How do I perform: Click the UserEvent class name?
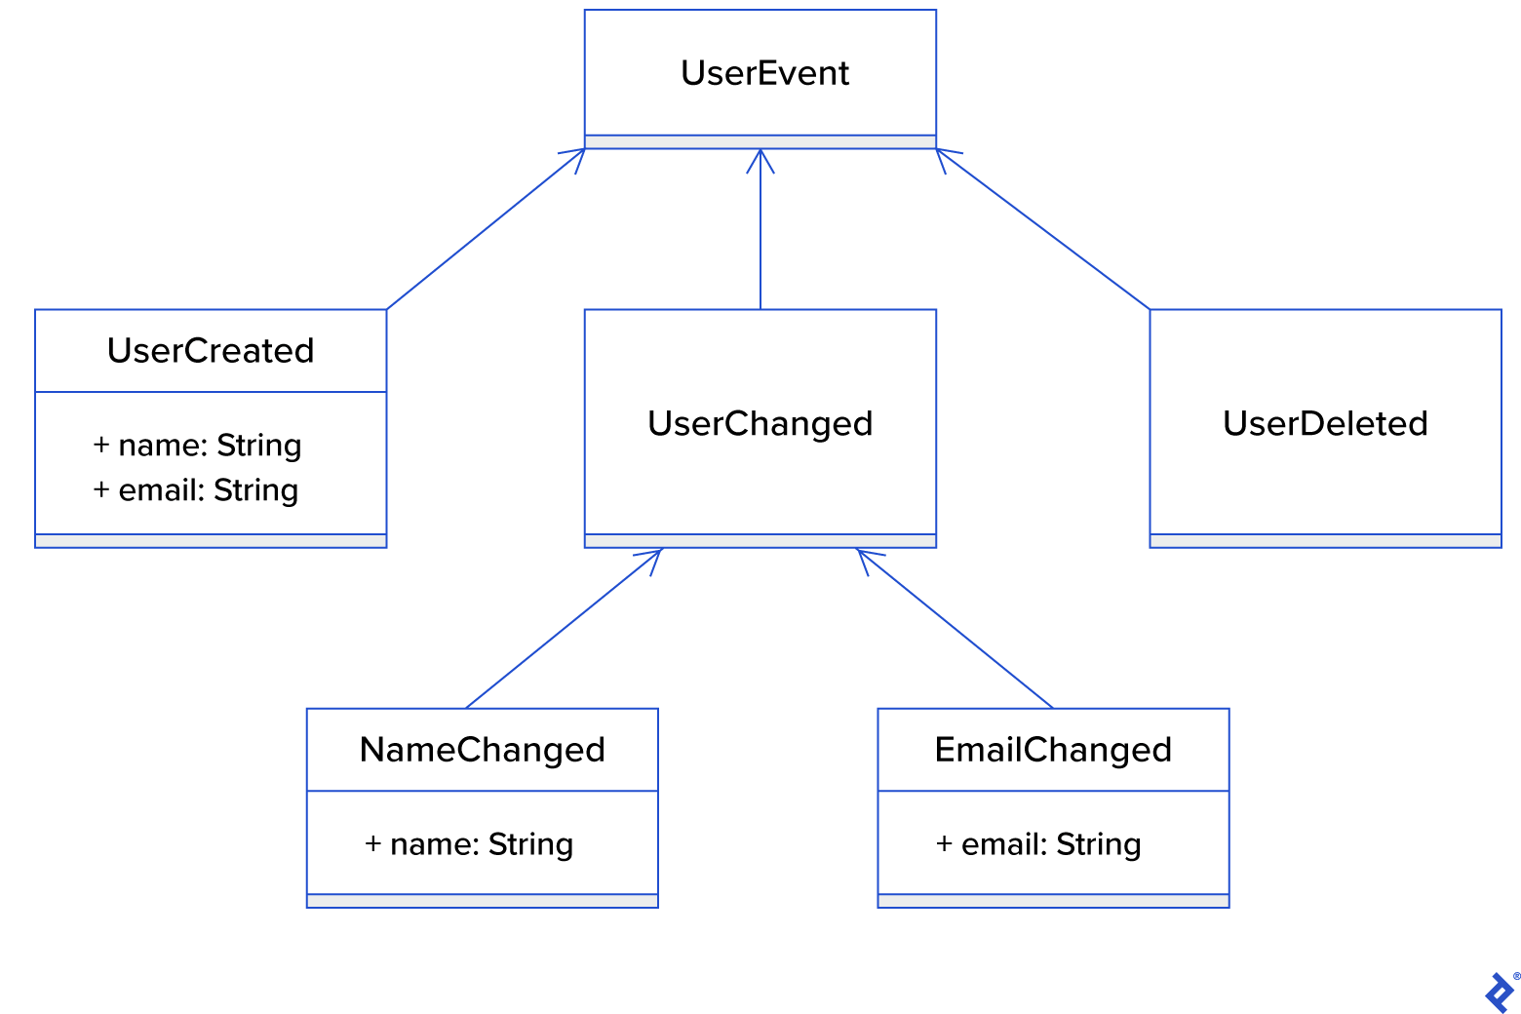[764, 73]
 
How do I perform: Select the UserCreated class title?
[211, 351]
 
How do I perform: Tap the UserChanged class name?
[760, 423]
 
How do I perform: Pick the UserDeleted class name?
[1325, 423]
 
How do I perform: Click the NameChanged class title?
[482, 750]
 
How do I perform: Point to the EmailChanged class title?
[1053, 750]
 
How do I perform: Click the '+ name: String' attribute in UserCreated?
[197, 446]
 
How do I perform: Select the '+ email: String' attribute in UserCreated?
[195, 490]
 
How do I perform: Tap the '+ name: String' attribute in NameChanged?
[469, 844]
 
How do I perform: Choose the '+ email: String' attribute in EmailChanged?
[1038, 844]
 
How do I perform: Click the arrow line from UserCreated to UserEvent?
[486, 229]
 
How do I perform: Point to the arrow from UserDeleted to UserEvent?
[1043, 229]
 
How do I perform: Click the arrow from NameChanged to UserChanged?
[564, 629]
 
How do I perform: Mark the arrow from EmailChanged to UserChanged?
[955, 629]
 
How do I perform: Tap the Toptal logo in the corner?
[1500, 993]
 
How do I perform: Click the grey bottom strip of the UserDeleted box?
[1325, 541]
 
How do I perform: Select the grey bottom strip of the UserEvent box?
[760, 142]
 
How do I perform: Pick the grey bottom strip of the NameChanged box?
[482, 901]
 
